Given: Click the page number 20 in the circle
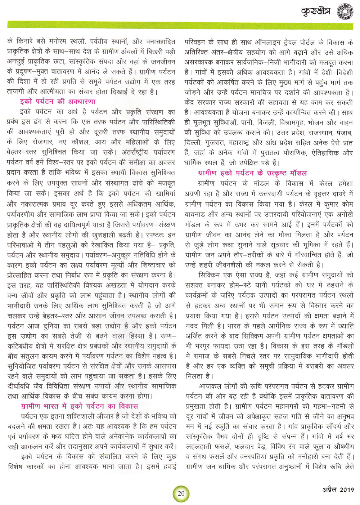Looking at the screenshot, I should [x=181, y=493].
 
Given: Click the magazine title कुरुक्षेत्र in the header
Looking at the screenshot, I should [x=315, y=12].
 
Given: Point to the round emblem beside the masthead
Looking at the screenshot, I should [x=345, y=11].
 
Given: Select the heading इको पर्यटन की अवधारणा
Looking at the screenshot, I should [x=58, y=102].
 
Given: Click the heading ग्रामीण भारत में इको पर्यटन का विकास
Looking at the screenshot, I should [x=80, y=406].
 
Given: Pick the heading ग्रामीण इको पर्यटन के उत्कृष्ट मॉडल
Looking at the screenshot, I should [x=252, y=173].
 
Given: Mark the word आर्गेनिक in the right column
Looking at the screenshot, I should [x=278, y=326].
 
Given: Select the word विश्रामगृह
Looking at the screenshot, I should [x=283, y=122].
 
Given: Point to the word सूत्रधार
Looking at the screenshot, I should [x=285, y=245].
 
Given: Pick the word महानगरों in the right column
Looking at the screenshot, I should [x=291, y=406].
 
